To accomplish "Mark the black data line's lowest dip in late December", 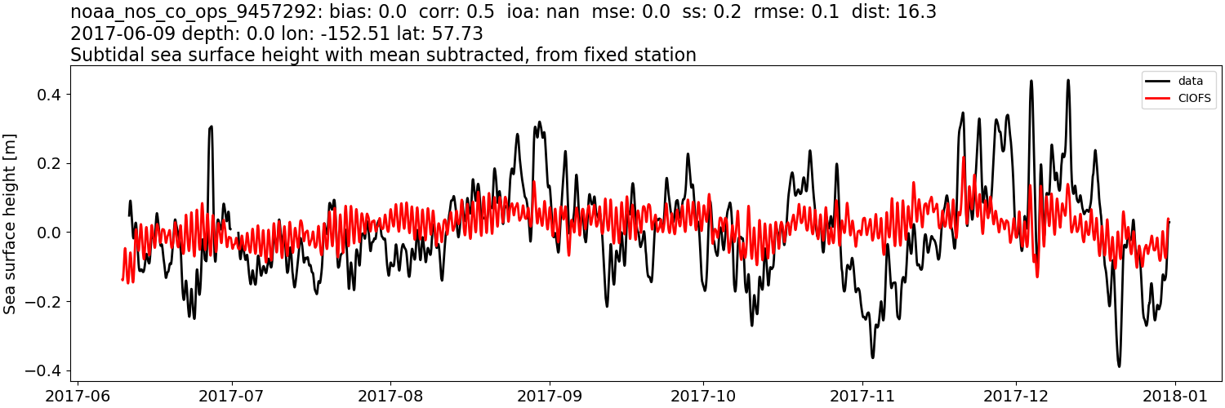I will (x=1119, y=366).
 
